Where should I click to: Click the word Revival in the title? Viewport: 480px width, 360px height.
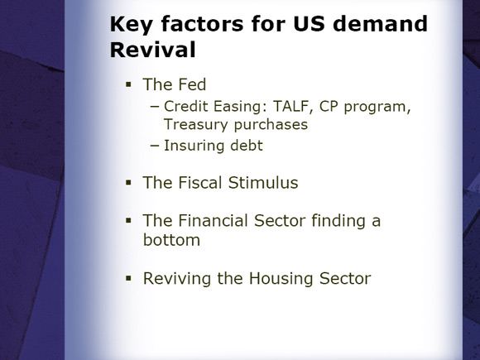tap(152, 50)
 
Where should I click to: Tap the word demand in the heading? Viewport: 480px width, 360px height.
tap(380, 23)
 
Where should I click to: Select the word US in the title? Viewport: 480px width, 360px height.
tap(309, 23)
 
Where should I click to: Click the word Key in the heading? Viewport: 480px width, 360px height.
tap(131, 25)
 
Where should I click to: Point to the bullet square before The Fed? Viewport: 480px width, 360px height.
tap(128, 84)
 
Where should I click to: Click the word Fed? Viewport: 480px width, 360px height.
tap(192, 84)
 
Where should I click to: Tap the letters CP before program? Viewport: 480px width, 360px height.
tap(329, 106)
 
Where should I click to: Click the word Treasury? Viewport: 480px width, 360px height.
tap(196, 125)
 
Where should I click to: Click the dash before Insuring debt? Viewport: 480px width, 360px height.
tap(155, 146)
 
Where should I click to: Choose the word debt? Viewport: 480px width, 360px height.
tap(247, 146)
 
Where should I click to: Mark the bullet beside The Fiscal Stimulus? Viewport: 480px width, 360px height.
tap(128, 183)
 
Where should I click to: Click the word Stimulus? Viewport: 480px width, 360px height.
tap(263, 183)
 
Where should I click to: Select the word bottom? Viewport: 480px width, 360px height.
tap(171, 240)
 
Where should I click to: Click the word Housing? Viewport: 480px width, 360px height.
tap(281, 279)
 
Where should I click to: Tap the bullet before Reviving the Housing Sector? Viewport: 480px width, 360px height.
tap(128, 279)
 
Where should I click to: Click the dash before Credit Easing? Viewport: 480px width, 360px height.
tap(155, 107)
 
